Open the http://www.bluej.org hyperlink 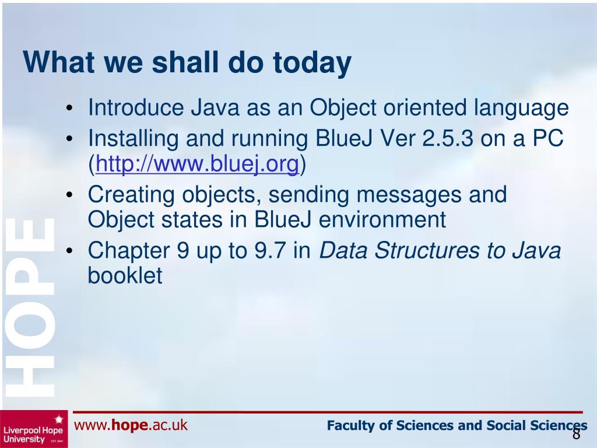197,164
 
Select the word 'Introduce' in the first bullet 135,107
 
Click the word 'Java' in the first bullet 215,107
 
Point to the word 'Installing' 134,139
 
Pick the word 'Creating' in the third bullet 131,195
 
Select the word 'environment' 382,220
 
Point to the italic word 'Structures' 427,251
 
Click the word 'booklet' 125,275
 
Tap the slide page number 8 576,434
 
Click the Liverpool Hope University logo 34,429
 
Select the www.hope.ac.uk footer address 131,425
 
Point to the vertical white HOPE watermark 30,307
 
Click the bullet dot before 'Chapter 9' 69,251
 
